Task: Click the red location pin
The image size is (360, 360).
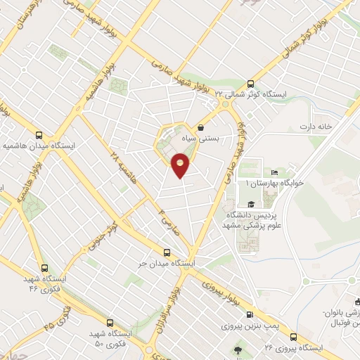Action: pos(181,166)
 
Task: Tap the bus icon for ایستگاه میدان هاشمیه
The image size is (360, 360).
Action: pos(39,136)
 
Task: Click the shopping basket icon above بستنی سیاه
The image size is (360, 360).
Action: pos(202,128)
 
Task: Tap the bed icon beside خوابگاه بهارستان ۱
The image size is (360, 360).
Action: pos(275,173)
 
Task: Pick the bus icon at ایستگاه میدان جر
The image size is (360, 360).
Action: pos(167,252)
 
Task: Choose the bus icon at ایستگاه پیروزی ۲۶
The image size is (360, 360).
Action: pos(293,337)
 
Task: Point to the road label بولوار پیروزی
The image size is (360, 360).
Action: pos(224,290)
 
